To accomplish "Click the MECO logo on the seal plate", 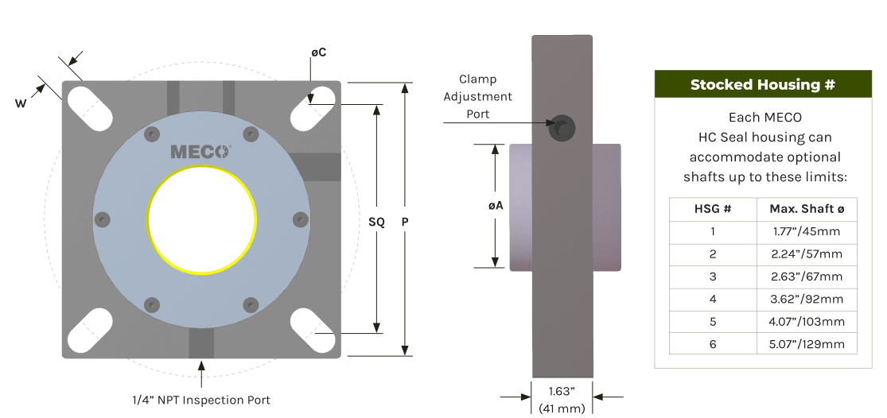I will click(x=200, y=151).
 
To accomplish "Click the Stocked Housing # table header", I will click(x=762, y=84).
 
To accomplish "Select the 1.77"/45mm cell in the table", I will click(x=807, y=232).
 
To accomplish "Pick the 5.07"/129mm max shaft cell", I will click(x=807, y=344).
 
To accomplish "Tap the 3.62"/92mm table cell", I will click(x=807, y=300).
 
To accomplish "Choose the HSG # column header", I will click(x=713, y=209).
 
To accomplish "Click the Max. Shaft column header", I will click(x=807, y=209).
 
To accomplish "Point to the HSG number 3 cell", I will click(x=713, y=277).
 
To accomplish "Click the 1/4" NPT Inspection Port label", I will click(x=201, y=401).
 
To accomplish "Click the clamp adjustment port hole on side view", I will click(x=563, y=126).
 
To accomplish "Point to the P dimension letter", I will click(x=405, y=223).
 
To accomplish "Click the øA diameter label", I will click(x=495, y=205).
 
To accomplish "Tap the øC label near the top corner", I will click(x=318, y=52).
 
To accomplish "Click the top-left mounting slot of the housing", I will click(x=89, y=103).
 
